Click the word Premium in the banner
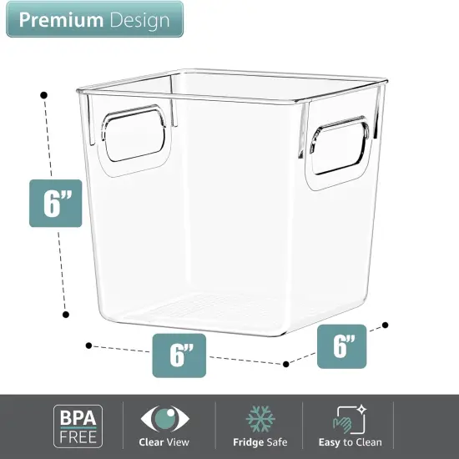pos(59,21)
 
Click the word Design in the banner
pos(137,21)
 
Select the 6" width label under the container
pos(176,356)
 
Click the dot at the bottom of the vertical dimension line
pos(66,315)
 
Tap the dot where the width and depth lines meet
pos(286,363)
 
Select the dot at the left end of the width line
pos(88,344)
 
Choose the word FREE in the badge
pos(79,435)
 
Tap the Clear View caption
pos(164,442)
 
